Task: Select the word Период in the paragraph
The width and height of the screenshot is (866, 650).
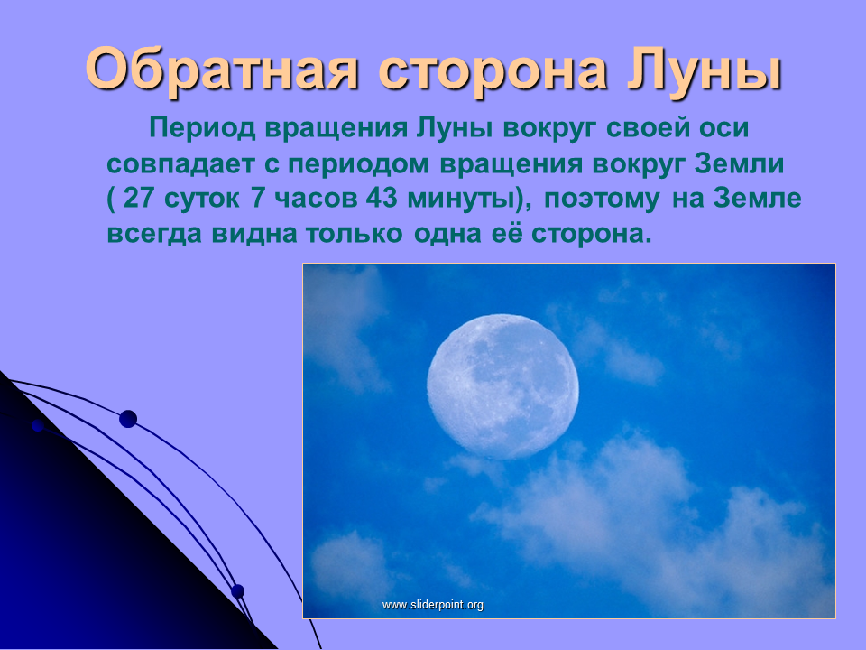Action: click(x=202, y=129)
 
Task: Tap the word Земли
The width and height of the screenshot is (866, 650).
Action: click(x=739, y=163)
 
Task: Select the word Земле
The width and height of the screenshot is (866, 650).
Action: click(x=757, y=198)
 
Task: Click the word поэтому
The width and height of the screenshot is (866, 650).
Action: click(x=602, y=199)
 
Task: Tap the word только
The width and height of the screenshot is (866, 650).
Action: click(x=354, y=233)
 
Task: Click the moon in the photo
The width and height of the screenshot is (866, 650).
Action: click(x=502, y=387)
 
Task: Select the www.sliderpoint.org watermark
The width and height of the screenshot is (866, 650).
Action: click(x=432, y=605)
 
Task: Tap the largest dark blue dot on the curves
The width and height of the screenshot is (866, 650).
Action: click(x=128, y=419)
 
